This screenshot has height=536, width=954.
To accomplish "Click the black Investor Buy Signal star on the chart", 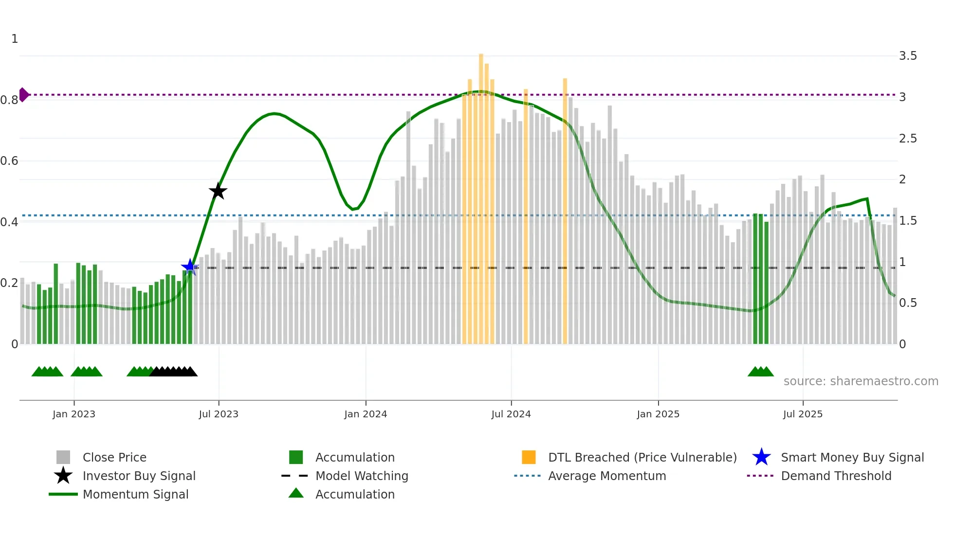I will point(218,191).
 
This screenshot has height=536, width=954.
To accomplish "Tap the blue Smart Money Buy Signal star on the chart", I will point(190,267).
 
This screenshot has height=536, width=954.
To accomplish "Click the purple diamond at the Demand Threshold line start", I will point(23,94).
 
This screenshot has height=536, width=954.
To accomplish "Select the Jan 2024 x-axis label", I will point(366,414).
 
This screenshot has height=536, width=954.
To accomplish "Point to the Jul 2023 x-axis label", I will point(219,414).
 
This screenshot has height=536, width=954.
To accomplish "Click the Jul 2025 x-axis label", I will point(803,414).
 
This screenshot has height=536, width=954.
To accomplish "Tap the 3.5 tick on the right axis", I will point(908,56).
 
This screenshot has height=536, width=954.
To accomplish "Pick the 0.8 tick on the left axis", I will point(9,100).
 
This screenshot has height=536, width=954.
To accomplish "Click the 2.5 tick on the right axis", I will point(908,139).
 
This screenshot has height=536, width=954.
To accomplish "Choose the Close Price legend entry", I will point(114,457).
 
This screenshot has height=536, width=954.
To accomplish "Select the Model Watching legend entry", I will point(362,476).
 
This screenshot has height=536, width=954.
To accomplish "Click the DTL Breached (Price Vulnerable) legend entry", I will point(642,457).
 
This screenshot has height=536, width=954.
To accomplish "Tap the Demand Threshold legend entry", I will point(836,476).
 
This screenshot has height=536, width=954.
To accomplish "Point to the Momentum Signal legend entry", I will point(135,494).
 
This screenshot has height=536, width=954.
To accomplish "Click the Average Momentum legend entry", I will point(606,476).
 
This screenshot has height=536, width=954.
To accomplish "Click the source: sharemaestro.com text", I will point(861,381).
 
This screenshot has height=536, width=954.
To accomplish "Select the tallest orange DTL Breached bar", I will point(481,195).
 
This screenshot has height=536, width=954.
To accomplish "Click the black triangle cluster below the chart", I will point(173,372).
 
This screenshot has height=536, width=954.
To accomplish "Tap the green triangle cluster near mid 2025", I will point(760,372).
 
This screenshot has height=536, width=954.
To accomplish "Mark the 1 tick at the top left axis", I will point(15,39).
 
